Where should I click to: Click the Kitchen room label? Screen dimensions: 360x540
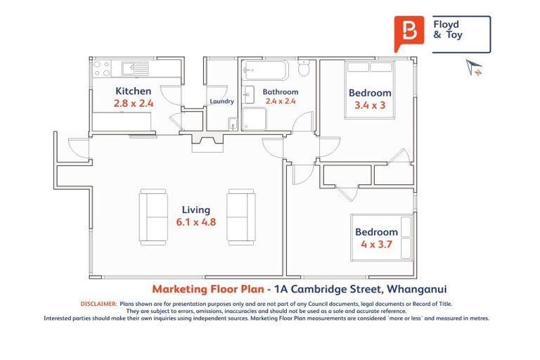[133, 91]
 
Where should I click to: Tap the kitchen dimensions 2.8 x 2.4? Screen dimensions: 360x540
[134, 103]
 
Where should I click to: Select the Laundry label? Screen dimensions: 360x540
[221, 102]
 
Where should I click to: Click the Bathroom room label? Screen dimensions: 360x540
[281, 92]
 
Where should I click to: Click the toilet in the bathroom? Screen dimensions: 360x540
[304, 68]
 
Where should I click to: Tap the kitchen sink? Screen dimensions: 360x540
[134, 68]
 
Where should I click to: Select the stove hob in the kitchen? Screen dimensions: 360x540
[101, 67]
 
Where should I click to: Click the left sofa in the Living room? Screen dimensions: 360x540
[153, 215]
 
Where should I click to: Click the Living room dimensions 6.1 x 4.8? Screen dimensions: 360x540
[196, 222]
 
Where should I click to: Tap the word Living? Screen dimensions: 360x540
[196, 210]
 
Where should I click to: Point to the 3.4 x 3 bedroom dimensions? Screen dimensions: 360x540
[370, 105]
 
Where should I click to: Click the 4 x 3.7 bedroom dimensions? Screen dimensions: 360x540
[376, 245]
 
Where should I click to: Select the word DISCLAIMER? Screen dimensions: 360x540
[98, 304]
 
